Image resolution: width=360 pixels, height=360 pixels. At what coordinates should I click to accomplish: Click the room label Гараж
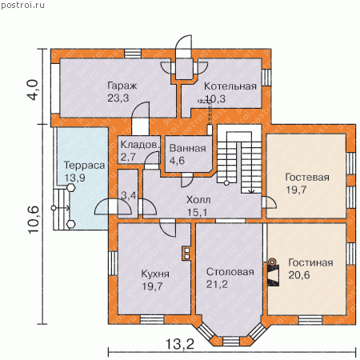point(122,86)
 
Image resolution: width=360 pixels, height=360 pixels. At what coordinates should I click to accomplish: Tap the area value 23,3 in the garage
point(118,98)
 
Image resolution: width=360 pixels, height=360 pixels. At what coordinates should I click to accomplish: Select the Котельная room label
point(230,86)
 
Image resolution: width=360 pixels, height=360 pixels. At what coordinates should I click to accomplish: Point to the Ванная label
point(187,148)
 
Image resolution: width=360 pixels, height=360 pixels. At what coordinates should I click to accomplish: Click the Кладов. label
point(140,145)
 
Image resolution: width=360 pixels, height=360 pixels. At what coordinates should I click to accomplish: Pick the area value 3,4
point(129,195)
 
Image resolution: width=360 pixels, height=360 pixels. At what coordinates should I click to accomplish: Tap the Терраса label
point(84,166)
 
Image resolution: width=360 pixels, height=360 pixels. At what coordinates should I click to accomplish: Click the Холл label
point(198,200)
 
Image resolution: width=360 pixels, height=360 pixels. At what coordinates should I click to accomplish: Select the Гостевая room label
point(307,178)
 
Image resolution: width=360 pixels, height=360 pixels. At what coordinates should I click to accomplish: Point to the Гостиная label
point(310,262)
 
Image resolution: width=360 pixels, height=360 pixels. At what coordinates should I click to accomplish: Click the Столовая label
point(230,272)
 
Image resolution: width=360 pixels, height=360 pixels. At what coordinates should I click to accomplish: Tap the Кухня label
point(155,274)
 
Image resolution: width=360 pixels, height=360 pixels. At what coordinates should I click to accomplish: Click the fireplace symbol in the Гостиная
point(273,273)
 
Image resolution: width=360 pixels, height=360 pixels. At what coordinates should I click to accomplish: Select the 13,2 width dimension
point(180,344)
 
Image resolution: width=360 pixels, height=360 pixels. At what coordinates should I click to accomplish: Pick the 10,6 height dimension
point(34,220)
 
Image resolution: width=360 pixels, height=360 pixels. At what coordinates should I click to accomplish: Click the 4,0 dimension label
point(34,90)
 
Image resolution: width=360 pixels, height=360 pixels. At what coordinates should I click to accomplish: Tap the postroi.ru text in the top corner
point(22,5)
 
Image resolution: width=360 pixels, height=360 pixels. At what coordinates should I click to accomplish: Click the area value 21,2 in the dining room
point(217,284)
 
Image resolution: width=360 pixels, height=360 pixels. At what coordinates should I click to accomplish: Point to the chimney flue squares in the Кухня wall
point(187,254)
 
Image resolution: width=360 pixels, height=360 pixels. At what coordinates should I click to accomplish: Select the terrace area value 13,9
point(75,178)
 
